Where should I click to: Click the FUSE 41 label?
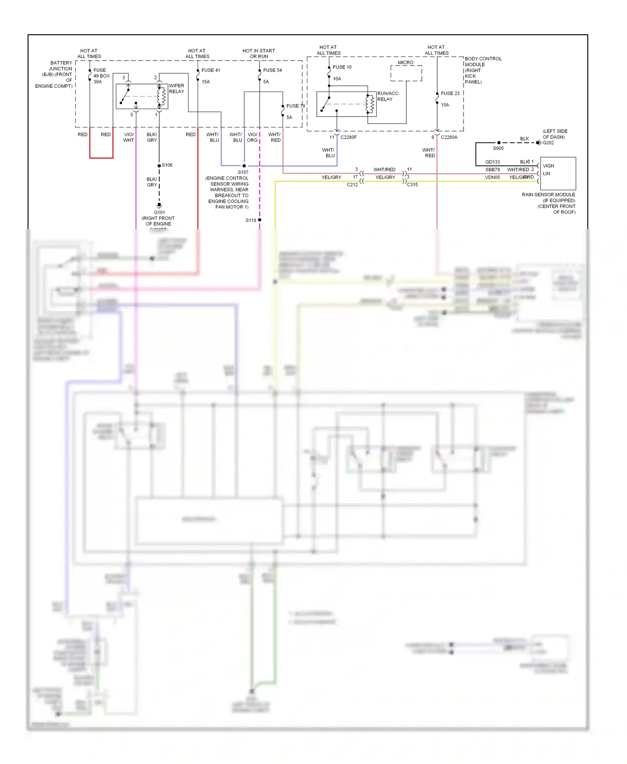[x=211, y=70]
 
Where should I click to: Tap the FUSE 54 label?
[x=272, y=70]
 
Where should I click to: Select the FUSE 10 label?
[x=342, y=67]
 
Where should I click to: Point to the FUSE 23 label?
[x=450, y=93]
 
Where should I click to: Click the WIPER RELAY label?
[x=176, y=89]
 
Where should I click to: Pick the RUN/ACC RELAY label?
[x=387, y=96]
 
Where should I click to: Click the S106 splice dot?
[x=159, y=166]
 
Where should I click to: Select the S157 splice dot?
[x=244, y=166]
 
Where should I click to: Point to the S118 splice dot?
[x=260, y=220]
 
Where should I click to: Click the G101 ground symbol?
[x=159, y=205]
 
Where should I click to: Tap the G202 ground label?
[x=548, y=143]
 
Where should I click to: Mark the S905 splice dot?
[x=499, y=143]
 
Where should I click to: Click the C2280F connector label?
[x=348, y=137]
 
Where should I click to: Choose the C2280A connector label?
[x=449, y=137]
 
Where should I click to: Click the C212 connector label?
[x=352, y=185]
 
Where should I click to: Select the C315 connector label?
[x=412, y=185]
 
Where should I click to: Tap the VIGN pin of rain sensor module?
[x=548, y=166]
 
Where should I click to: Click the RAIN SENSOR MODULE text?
[x=548, y=195]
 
